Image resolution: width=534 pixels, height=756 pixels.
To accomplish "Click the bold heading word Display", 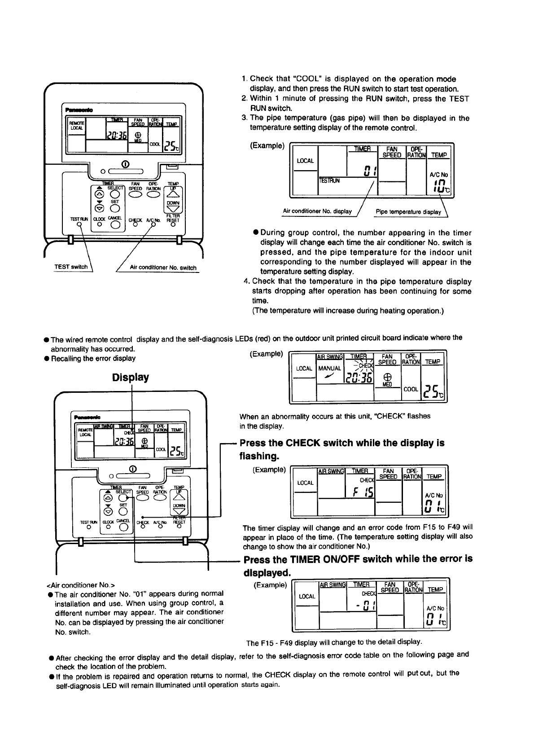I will coord(131,377).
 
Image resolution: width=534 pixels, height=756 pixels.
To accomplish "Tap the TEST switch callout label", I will coord(71,267).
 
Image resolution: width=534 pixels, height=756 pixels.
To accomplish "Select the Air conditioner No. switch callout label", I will coord(163,268).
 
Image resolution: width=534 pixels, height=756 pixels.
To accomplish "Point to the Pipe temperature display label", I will coord(408,212).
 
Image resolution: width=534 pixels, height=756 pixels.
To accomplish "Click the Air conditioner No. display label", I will coord(317,211).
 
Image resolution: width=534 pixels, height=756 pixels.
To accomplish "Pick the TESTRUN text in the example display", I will coord(329,181).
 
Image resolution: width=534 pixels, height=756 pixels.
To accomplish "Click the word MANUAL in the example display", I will coord(330,368).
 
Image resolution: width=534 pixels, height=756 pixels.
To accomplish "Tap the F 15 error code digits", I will coord(361,493).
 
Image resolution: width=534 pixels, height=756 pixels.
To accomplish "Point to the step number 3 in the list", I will coord(244,118).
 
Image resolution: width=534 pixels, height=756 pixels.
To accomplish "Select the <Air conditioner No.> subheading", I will coord(81,585).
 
